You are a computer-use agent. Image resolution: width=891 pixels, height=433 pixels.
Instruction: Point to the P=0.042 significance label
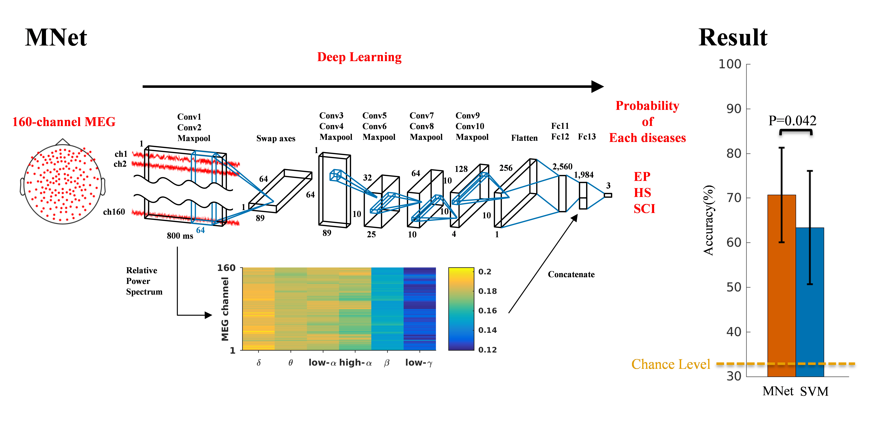pyautogui.click(x=792, y=120)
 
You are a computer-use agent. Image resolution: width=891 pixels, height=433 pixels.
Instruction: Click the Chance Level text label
pyautogui.click(x=670, y=364)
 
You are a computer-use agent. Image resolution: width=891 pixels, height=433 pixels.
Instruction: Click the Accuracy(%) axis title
pyautogui.click(x=708, y=220)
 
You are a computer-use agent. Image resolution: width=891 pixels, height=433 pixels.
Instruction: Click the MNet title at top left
pyautogui.click(x=56, y=37)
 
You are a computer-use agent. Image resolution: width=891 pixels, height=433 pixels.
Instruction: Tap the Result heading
pyautogui.click(x=733, y=37)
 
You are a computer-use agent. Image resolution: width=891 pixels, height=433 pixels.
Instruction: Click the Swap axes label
pyautogui.click(x=276, y=138)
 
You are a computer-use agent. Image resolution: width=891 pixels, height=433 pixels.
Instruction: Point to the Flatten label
pyautogui.click(x=524, y=138)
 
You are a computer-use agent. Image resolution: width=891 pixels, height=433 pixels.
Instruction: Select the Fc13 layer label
pyautogui.click(x=587, y=137)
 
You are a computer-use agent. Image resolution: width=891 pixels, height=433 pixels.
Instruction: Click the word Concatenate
pyautogui.click(x=571, y=274)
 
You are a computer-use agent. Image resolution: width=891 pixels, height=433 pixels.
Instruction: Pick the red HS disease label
pyautogui.click(x=642, y=193)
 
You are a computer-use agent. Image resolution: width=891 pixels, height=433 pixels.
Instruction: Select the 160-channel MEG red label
pyautogui.click(x=64, y=122)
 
